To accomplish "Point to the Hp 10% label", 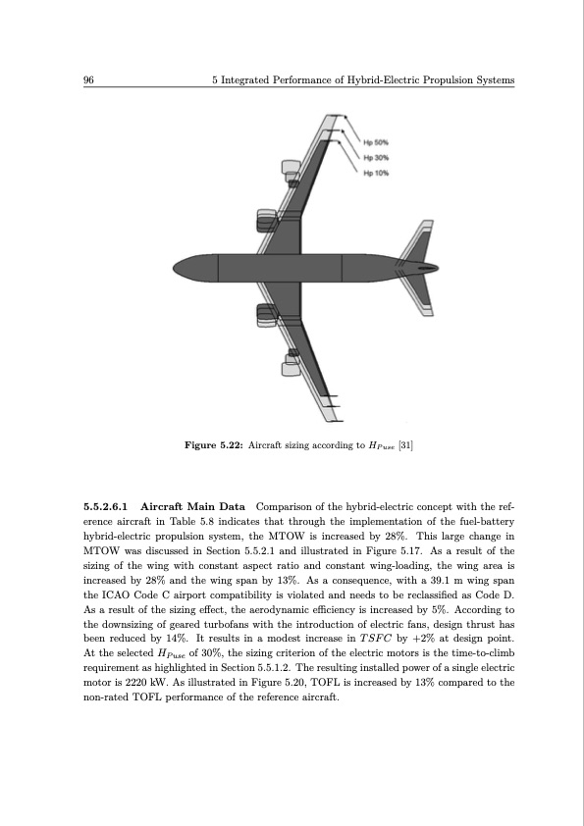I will [376, 173].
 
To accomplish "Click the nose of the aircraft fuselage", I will [178, 267].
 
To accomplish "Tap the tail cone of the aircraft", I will [432, 267].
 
